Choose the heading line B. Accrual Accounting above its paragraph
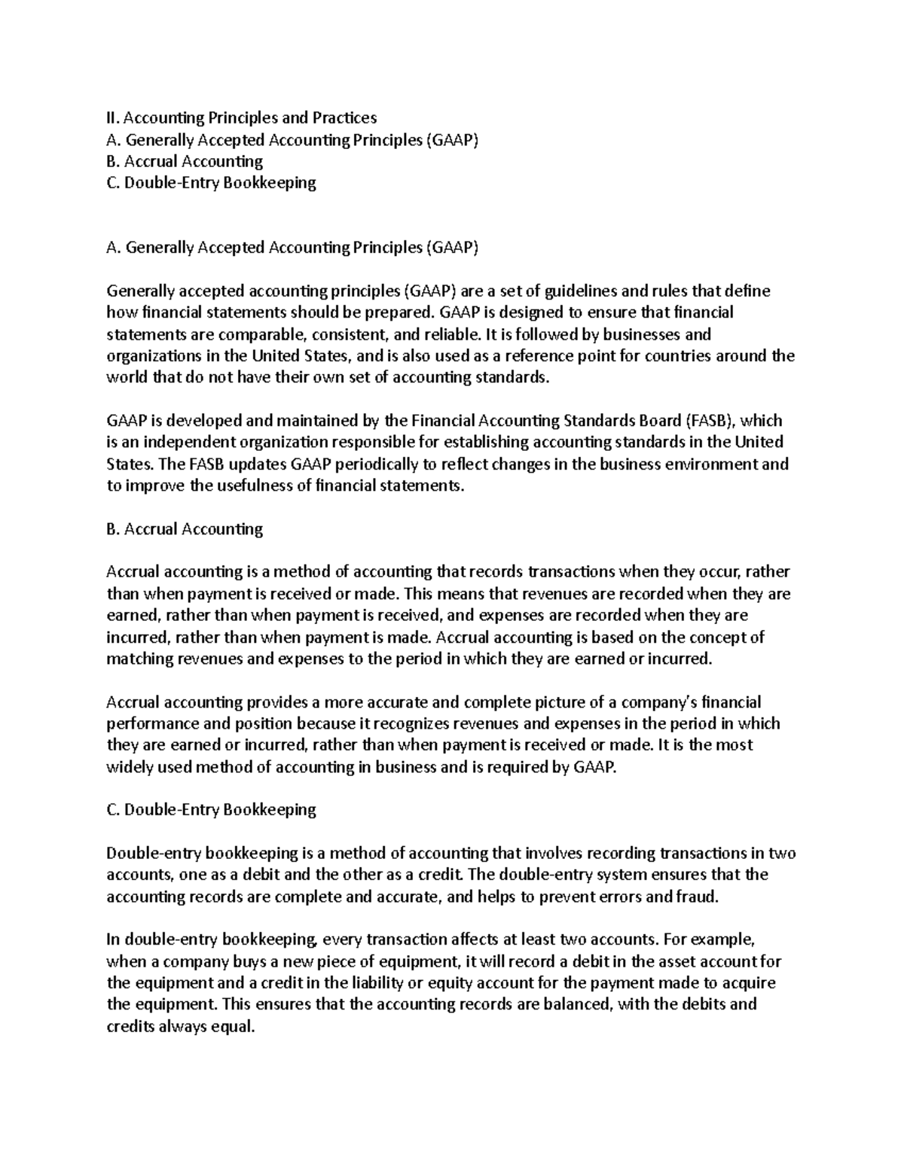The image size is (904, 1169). (x=185, y=528)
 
